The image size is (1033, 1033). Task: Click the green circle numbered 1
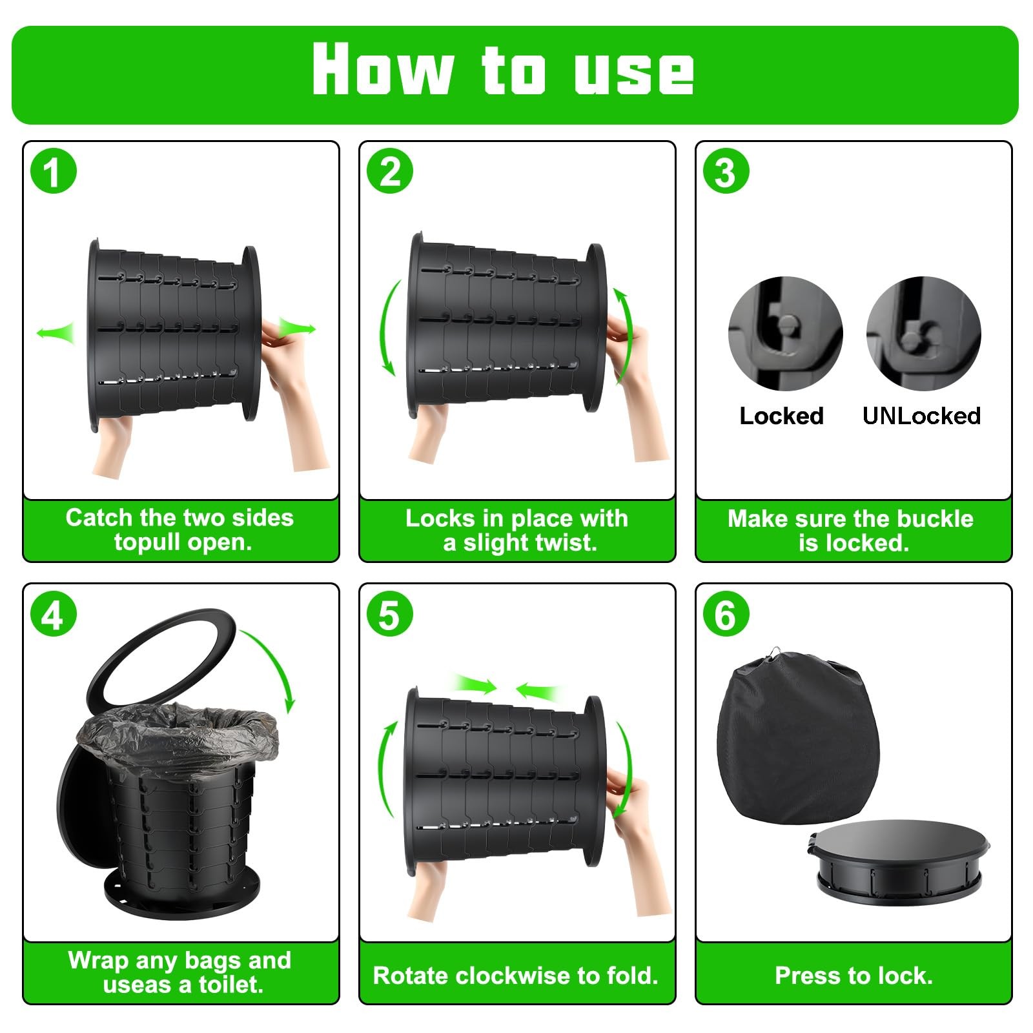[54, 172]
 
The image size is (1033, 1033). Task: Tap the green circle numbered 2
[390, 172]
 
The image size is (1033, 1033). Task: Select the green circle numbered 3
[726, 172]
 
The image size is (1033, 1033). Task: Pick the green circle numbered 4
[54, 615]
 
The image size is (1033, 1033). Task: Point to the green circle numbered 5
[390, 615]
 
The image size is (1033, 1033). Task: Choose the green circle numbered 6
[726, 615]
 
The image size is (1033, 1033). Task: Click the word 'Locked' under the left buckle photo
[781, 416]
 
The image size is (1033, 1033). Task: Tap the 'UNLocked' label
[921, 416]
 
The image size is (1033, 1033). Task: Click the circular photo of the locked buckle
[785, 333]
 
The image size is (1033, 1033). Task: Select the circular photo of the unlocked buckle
[924, 333]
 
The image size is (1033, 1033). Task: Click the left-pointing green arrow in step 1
[55, 332]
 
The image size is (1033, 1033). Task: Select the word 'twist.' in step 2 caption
[562, 543]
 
